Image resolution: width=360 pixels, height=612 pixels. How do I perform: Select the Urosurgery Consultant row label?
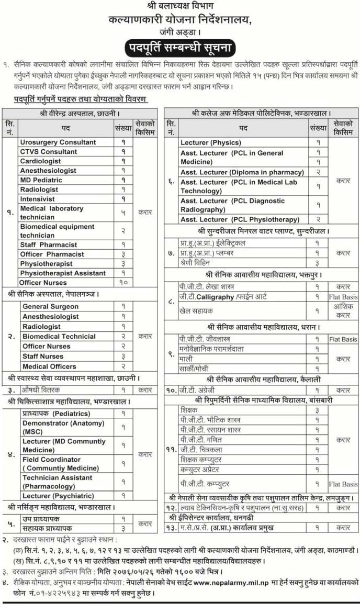(58, 142)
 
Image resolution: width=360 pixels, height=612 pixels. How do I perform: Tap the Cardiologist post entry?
(40, 161)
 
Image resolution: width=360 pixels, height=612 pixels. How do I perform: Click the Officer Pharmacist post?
(52, 254)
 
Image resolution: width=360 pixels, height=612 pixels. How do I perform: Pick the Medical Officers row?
(49, 366)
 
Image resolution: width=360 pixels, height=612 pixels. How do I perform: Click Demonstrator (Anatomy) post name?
(63, 427)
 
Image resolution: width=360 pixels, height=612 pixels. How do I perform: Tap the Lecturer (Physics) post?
(210, 142)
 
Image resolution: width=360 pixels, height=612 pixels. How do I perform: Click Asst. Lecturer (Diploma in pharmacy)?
(242, 172)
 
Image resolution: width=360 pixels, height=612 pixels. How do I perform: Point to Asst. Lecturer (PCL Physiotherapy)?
(240, 220)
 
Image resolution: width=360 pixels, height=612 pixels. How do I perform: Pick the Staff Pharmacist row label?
(48, 244)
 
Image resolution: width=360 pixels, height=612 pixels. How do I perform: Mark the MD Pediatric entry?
(41, 180)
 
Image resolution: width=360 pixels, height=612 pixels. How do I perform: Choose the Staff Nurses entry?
(42, 357)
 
